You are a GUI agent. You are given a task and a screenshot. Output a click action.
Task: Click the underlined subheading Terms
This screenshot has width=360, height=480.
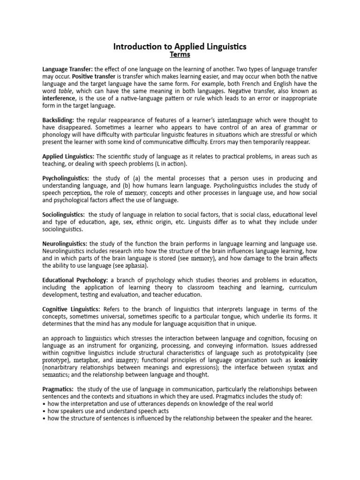[180, 55]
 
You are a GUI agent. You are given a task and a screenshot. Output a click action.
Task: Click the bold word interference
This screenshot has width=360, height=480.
[59, 98]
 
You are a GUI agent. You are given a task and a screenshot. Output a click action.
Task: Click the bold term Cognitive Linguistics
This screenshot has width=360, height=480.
[71, 309]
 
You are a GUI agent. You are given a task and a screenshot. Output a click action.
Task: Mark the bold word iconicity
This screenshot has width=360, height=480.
[306, 360]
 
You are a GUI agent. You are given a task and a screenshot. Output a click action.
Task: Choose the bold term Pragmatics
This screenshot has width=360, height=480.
[58, 389]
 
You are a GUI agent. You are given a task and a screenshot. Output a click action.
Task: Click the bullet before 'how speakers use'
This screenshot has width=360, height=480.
[44, 411]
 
